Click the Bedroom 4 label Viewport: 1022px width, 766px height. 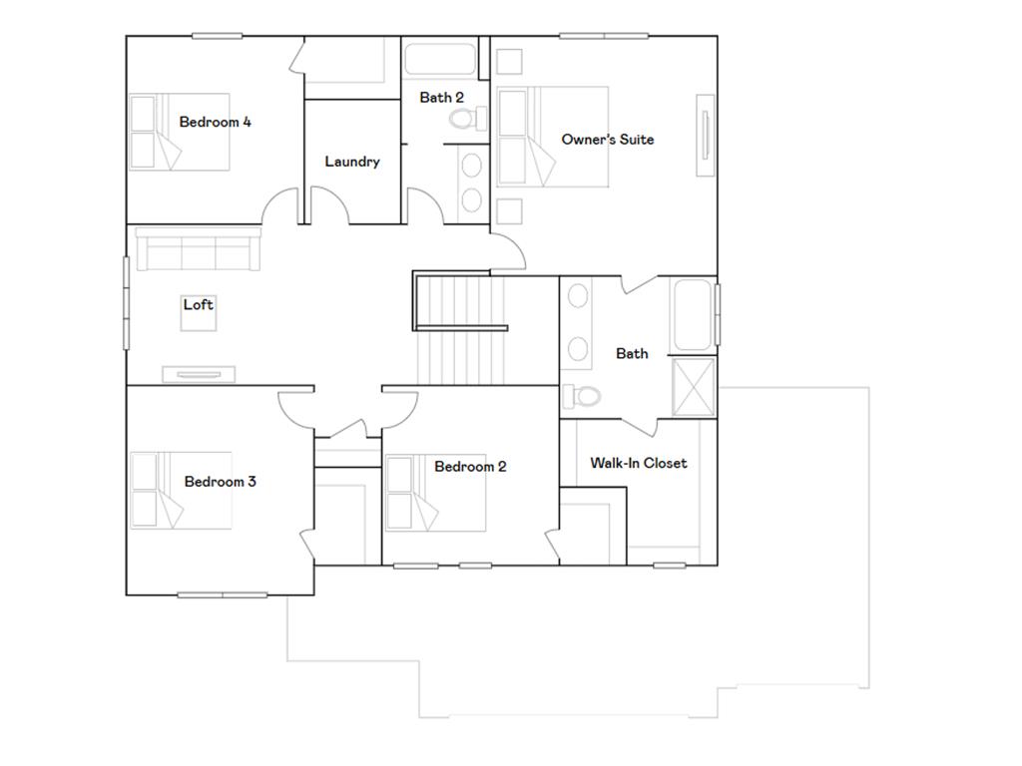[215, 122]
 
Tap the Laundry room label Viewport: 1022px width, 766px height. [351, 162]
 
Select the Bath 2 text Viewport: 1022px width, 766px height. [441, 98]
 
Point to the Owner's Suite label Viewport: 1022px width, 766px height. [607, 140]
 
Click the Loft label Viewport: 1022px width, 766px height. [198, 305]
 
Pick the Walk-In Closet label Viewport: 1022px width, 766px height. [638, 463]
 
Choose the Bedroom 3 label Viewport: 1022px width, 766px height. [220, 482]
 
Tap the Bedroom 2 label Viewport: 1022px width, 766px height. [470, 467]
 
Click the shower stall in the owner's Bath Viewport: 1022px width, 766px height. [694, 386]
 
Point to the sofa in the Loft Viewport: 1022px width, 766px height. [198, 249]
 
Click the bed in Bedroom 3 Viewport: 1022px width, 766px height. [182, 490]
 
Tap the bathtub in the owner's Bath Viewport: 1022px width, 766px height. [693, 316]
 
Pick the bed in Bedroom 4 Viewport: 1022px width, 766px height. [180, 132]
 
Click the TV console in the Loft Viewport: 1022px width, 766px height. [199, 374]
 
